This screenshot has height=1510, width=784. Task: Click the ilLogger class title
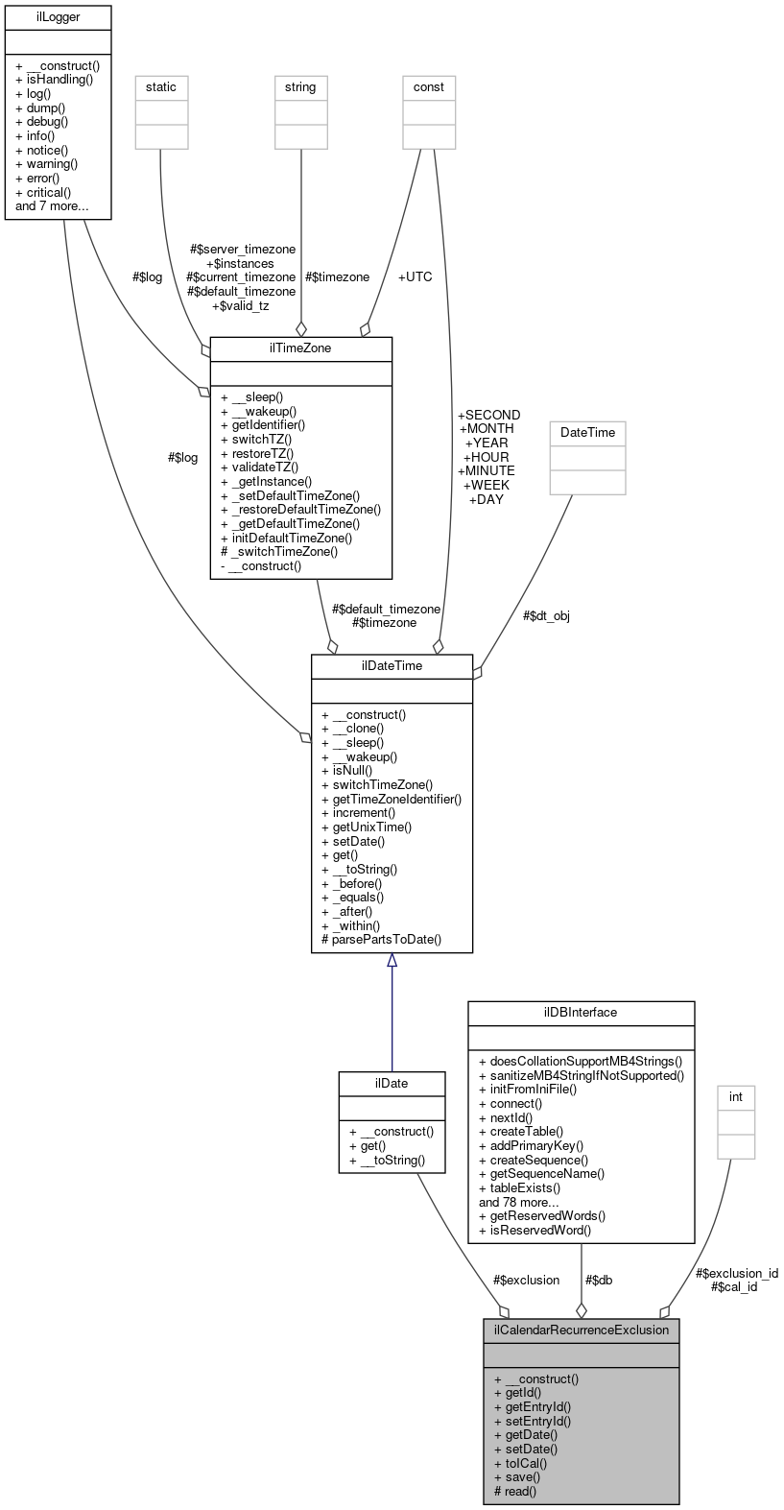58,16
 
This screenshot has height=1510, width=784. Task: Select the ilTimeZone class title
301,348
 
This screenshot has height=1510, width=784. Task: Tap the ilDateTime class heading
392,664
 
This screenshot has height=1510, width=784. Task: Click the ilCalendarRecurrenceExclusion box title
581,1330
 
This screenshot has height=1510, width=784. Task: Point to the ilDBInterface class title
581,1012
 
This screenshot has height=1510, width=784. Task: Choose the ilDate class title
392,1083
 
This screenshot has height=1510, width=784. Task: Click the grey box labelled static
161,86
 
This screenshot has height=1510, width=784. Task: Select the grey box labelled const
429,86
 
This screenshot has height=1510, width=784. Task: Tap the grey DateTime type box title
587,432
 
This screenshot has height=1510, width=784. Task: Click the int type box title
736,1096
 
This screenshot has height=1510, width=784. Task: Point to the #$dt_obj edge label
547,615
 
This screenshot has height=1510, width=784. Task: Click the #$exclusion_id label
736,1273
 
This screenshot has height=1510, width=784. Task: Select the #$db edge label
598,1280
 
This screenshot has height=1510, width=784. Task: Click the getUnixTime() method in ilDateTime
367,827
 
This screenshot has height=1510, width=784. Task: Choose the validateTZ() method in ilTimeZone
259,467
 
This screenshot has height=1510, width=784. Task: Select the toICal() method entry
520,1463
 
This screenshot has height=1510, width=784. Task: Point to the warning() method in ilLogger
46,163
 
